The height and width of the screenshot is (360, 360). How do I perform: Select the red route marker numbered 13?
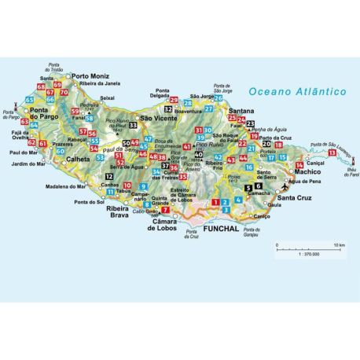pyautogui.click(x=332, y=152)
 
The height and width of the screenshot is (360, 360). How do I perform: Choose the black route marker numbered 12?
pyautogui.click(x=108, y=178)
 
